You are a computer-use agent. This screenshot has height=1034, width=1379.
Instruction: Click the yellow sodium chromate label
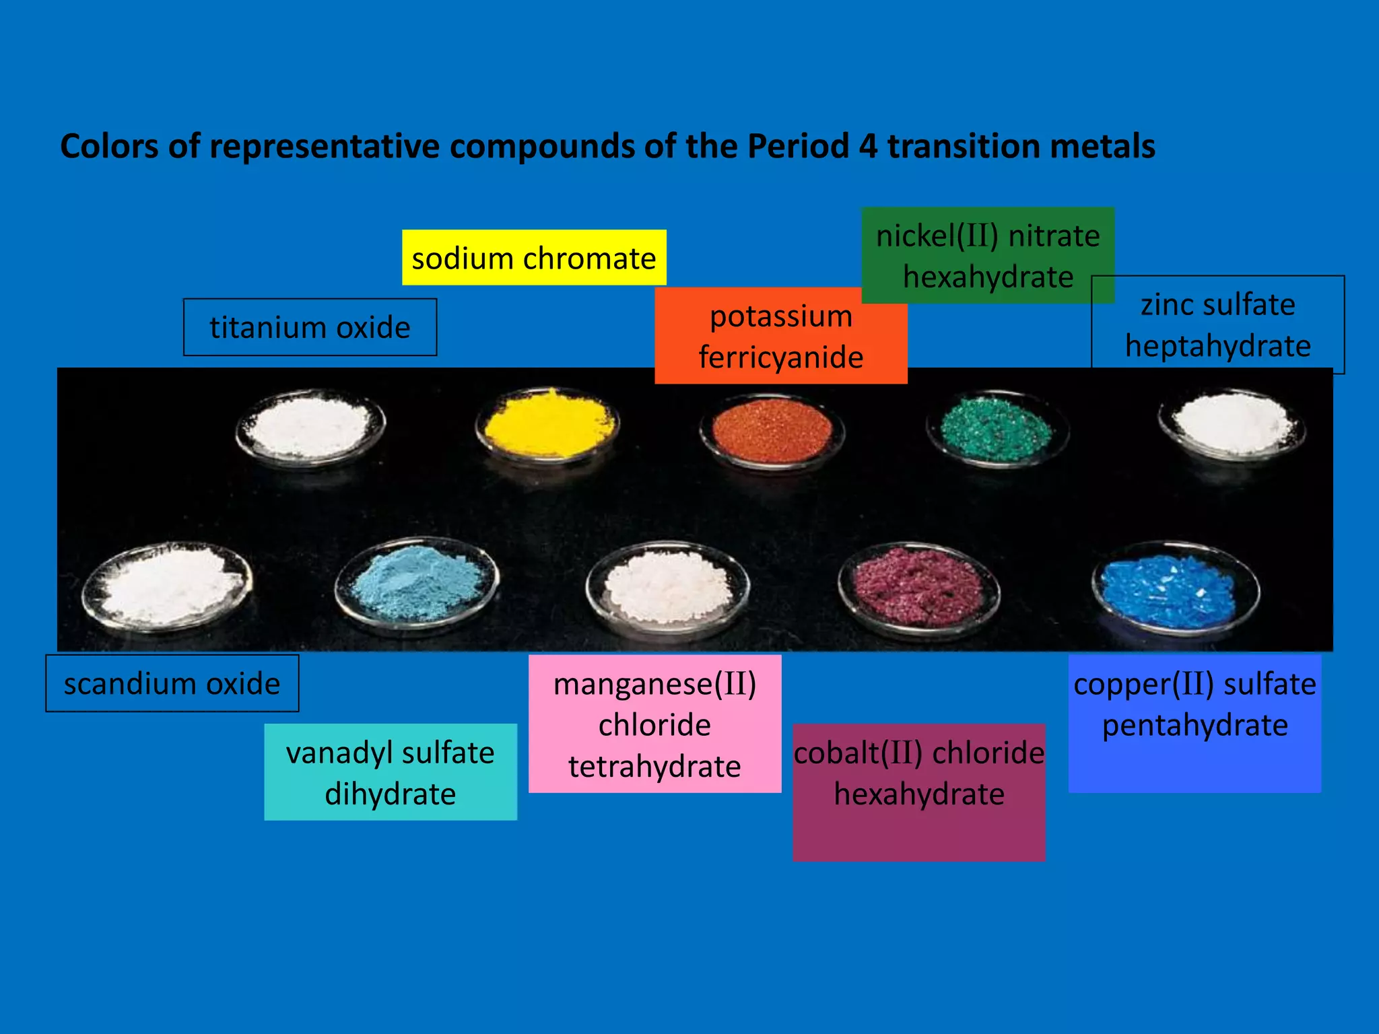click(x=534, y=258)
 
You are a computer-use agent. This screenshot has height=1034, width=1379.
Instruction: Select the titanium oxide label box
click(x=310, y=327)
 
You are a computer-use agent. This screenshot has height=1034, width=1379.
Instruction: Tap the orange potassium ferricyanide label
click(x=780, y=337)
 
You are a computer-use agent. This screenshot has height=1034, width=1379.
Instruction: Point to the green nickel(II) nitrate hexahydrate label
click(x=987, y=255)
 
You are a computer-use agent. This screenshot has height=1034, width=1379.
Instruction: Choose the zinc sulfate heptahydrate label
click(x=1217, y=324)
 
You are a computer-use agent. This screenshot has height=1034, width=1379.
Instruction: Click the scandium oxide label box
click(x=172, y=683)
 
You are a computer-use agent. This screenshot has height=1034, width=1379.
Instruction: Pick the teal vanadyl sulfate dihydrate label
click(x=391, y=772)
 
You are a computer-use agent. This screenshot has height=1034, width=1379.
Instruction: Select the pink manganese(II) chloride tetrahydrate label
click(x=654, y=724)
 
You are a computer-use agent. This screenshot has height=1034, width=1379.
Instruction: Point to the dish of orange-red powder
click(x=772, y=431)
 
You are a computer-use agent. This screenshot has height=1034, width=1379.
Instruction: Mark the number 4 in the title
click(x=868, y=146)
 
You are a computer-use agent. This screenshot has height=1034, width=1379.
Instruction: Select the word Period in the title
click(x=798, y=146)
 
